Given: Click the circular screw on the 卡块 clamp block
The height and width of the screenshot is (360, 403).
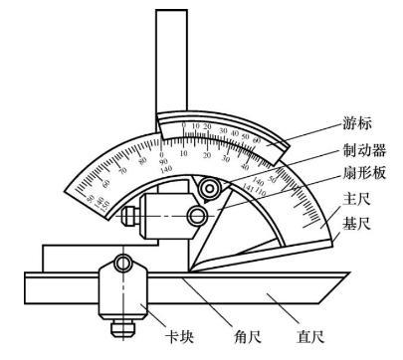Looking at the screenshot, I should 121,264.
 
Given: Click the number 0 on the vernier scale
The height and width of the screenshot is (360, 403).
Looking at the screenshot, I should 195,126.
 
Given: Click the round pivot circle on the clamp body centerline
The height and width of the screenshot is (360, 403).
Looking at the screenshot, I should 200,214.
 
